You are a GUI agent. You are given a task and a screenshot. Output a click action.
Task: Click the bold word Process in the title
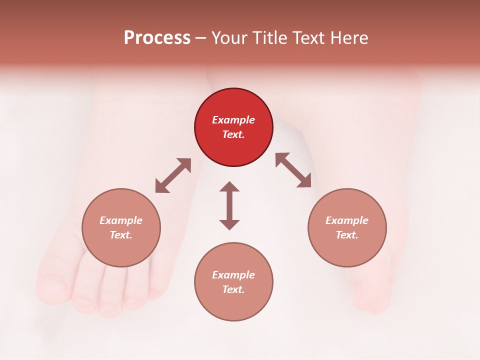pos(157,38)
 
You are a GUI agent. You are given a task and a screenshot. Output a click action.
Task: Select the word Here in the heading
pos(348,38)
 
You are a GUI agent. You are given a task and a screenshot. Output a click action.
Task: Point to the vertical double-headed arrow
pos(229,205)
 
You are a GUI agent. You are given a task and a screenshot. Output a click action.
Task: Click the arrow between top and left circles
pos(173,175)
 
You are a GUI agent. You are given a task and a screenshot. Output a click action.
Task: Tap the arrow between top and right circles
pos(293,170)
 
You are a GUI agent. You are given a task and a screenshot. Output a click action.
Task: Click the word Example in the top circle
pos(233,120)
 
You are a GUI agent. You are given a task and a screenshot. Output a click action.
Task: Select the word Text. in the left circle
pos(121,235)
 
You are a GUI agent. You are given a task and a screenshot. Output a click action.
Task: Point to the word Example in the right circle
pos(347,220)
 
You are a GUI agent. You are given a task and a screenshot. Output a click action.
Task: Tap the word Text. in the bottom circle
pos(233,289)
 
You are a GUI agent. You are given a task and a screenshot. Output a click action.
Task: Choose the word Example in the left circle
pos(121,220)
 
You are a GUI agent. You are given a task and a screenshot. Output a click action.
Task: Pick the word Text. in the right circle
pos(347,235)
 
